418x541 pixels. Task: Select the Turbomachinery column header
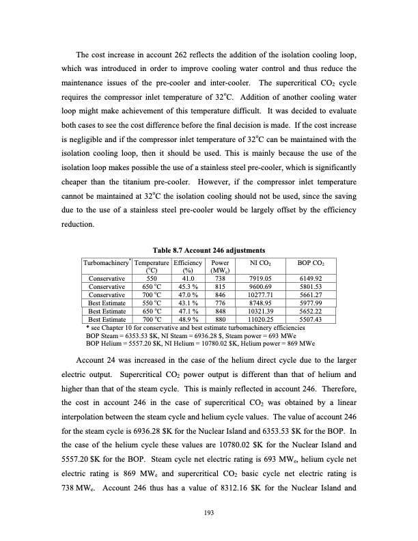point(106,262)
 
